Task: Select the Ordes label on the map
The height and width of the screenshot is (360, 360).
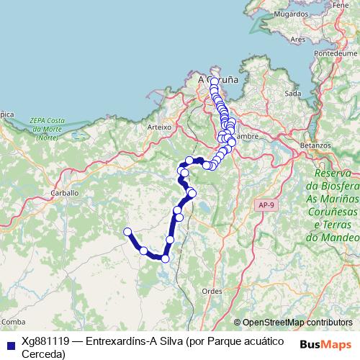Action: pyautogui.click(x=212, y=290)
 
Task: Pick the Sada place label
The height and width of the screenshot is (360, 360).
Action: pyautogui.click(x=292, y=94)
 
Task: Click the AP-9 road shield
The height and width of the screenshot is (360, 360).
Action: pyautogui.click(x=265, y=206)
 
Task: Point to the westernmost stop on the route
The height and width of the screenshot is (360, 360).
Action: pyautogui.click(x=127, y=232)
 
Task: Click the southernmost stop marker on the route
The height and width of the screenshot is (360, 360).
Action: pyautogui.click(x=165, y=258)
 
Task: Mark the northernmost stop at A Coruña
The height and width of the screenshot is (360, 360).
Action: pyautogui.click(x=215, y=81)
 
